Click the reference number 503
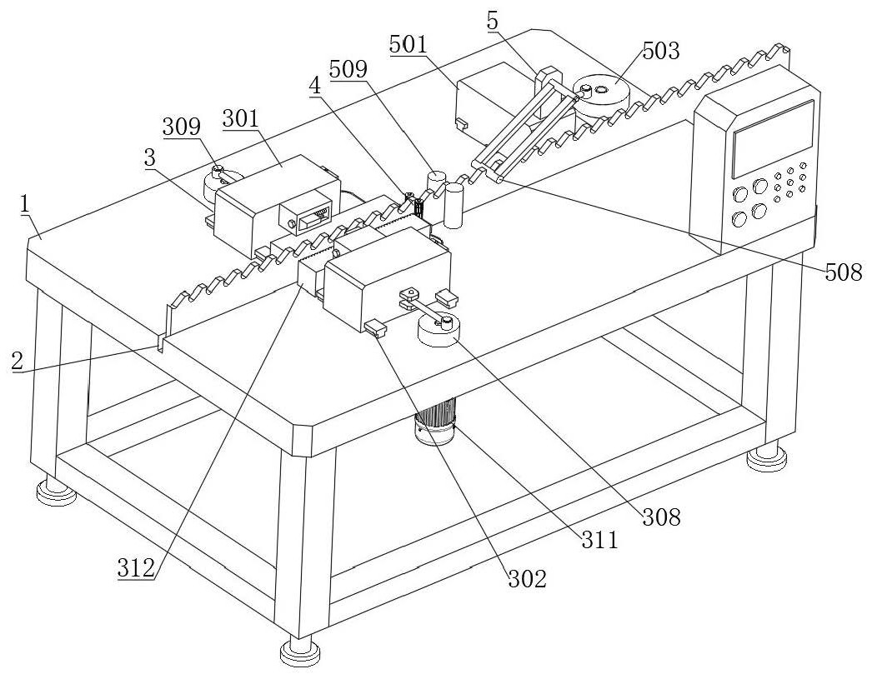(x=660, y=51)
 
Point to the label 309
(x=181, y=127)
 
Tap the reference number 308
(x=660, y=517)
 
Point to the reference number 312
(x=136, y=569)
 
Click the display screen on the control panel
(x=772, y=137)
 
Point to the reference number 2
(x=17, y=362)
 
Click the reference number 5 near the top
(x=494, y=20)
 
